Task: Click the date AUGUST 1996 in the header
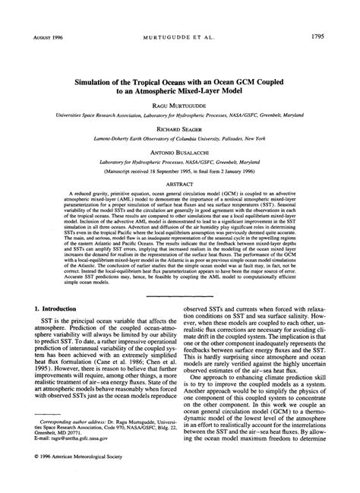tap(48, 36)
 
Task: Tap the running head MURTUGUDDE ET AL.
tap(181, 36)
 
